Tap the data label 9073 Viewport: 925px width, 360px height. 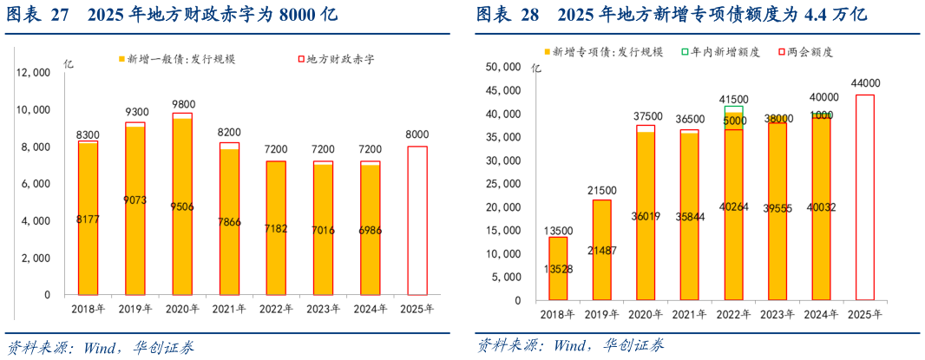point(134,200)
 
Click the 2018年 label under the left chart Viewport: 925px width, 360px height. point(88,308)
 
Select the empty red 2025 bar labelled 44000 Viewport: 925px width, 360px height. point(866,197)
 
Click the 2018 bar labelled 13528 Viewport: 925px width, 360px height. point(559,268)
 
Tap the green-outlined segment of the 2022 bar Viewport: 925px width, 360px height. point(733,111)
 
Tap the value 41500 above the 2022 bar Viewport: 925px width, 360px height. point(733,99)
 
